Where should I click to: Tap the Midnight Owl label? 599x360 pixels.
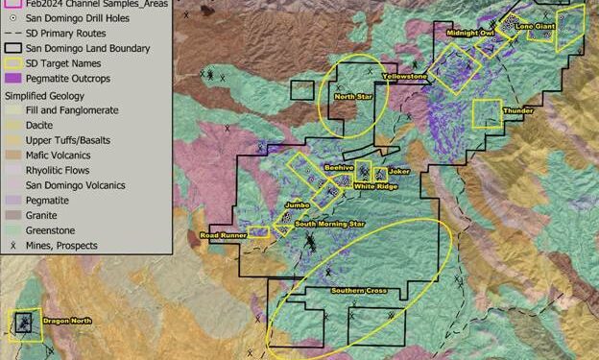tap(468, 33)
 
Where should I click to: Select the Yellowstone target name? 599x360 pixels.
tap(404, 74)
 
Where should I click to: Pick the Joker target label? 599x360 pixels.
tap(400, 172)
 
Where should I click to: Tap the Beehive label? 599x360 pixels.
tap(339, 168)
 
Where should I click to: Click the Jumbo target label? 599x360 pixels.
tap(297, 204)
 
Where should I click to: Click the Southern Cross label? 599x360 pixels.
tap(359, 290)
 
